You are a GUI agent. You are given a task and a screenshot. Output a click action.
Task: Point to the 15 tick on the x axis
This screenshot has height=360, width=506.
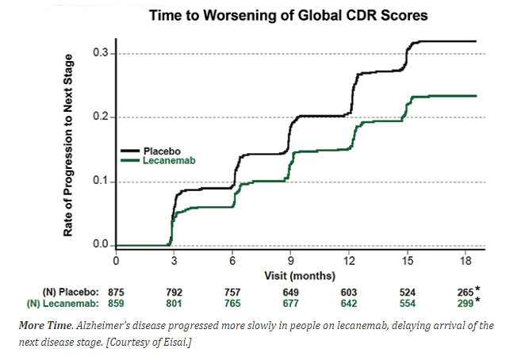[407, 259]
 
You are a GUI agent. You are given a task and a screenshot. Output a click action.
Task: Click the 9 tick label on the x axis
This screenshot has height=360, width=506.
[291, 259]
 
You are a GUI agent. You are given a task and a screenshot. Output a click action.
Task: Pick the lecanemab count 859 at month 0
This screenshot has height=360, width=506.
[117, 302]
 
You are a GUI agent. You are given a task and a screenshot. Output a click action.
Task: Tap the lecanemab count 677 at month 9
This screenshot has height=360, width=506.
[291, 302]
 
